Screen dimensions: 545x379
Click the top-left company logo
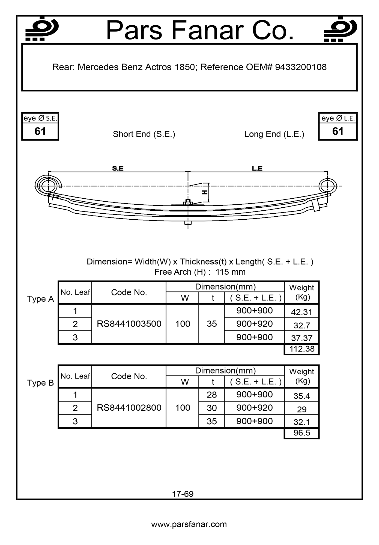tap(42, 29)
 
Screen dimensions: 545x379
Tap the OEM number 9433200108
tap(301, 67)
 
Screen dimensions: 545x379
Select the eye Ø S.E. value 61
tap(40, 131)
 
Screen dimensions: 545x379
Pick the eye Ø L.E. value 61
tap(338, 131)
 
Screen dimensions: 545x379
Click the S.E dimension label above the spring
tap(118, 168)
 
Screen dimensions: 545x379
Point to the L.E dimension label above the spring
tap(257, 168)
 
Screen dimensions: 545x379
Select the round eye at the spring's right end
tap(327, 186)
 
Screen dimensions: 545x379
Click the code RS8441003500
tap(129, 324)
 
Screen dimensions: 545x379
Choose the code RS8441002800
tap(129, 408)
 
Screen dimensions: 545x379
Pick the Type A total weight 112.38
tap(302, 349)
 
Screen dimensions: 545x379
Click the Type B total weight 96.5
tap(302, 433)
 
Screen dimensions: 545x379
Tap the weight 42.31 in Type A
tap(302, 312)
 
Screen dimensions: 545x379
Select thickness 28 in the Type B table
tap(211, 395)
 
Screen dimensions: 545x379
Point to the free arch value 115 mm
tap(230, 272)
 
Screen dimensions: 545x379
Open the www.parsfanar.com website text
tap(189, 524)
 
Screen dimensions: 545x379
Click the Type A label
tap(41, 299)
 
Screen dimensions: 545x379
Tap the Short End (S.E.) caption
tap(144, 134)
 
